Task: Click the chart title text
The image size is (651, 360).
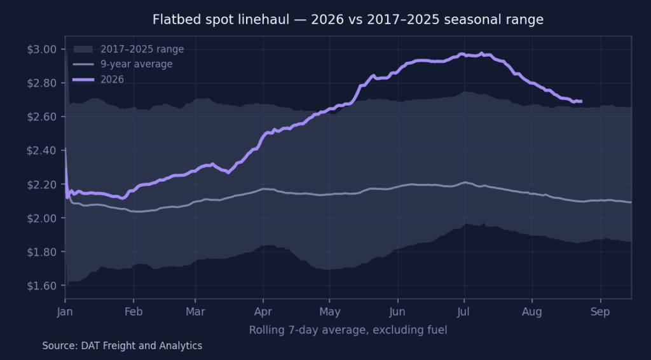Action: [x=348, y=20]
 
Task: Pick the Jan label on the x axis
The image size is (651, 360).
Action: [x=65, y=312]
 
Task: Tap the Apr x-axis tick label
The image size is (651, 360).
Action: [x=263, y=312]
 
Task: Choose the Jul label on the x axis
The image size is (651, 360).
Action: [x=463, y=312]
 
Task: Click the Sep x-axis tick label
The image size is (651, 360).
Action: [x=600, y=312]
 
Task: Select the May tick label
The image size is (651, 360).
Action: [x=330, y=312]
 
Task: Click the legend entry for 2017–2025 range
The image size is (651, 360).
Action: [x=128, y=50]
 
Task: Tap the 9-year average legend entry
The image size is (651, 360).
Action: [x=123, y=64]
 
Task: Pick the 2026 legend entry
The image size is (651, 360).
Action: [x=99, y=80]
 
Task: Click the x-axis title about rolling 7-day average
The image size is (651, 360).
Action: [x=348, y=331]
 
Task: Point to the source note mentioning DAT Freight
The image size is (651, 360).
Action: [x=122, y=346]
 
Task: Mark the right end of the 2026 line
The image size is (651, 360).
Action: [x=581, y=101]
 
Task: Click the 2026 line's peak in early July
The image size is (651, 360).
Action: [x=482, y=53]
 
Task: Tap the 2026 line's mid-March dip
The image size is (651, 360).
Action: [x=228, y=172]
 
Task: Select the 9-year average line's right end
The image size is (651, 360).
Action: [x=631, y=202]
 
